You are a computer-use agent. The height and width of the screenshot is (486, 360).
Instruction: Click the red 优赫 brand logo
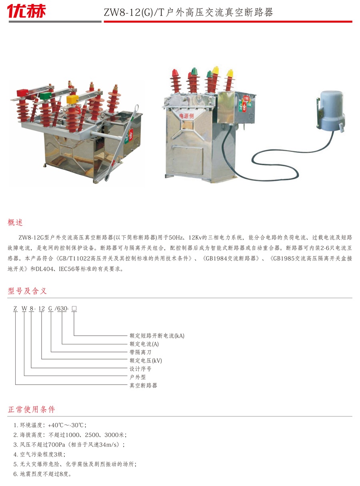click(26, 11)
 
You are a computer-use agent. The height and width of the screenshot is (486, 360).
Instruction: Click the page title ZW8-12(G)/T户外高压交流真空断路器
click(188, 12)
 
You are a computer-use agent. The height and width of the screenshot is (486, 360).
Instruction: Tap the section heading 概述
click(15, 222)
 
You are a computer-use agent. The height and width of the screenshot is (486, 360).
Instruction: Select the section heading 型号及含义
click(27, 291)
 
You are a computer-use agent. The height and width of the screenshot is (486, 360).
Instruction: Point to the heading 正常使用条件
click(31, 409)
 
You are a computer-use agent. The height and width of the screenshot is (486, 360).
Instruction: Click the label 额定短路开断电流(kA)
click(157, 336)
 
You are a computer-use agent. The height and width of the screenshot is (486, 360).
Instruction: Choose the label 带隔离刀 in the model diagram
click(140, 352)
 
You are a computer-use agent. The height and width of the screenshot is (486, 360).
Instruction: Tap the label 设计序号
click(140, 369)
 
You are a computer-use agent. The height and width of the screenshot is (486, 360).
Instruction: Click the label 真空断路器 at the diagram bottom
click(143, 386)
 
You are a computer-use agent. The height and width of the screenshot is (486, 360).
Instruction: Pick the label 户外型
click(138, 377)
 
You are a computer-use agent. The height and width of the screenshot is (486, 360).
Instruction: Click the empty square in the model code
click(74, 308)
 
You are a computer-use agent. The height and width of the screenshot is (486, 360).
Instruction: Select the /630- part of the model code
click(62, 308)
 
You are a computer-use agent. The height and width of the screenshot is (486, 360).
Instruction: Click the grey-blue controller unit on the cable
click(331, 111)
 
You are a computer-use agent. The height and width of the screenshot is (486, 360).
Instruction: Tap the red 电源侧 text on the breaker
click(186, 116)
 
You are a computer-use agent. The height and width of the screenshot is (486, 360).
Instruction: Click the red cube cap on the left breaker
click(22, 92)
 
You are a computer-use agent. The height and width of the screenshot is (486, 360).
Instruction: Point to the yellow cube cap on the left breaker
click(72, 99)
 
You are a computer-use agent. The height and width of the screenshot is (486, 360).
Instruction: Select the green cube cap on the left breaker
click(46, 96)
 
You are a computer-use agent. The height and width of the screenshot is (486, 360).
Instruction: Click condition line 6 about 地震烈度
click(42, 474)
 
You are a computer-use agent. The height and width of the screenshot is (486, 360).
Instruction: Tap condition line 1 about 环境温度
click(50, 425)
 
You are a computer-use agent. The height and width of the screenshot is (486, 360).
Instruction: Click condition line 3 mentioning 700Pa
click(69, 445)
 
